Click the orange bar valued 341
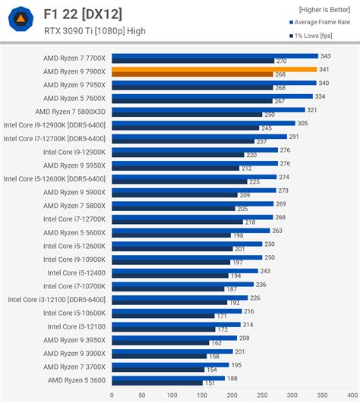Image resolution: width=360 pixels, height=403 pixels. coord(214,69)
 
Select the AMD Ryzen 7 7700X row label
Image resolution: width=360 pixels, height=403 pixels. coord(75,58)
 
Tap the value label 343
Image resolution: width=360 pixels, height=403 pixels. coord(325,55)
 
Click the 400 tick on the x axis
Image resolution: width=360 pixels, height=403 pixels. coord(352,394)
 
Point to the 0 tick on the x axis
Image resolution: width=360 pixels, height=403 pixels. coord(112,394)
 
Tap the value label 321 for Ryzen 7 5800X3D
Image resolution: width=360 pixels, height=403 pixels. coord(311,109)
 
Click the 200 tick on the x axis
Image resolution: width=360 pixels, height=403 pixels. coord(232,394)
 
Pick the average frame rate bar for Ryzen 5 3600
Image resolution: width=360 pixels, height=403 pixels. coord(168,378)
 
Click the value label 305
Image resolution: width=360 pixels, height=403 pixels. coord(302,122)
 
